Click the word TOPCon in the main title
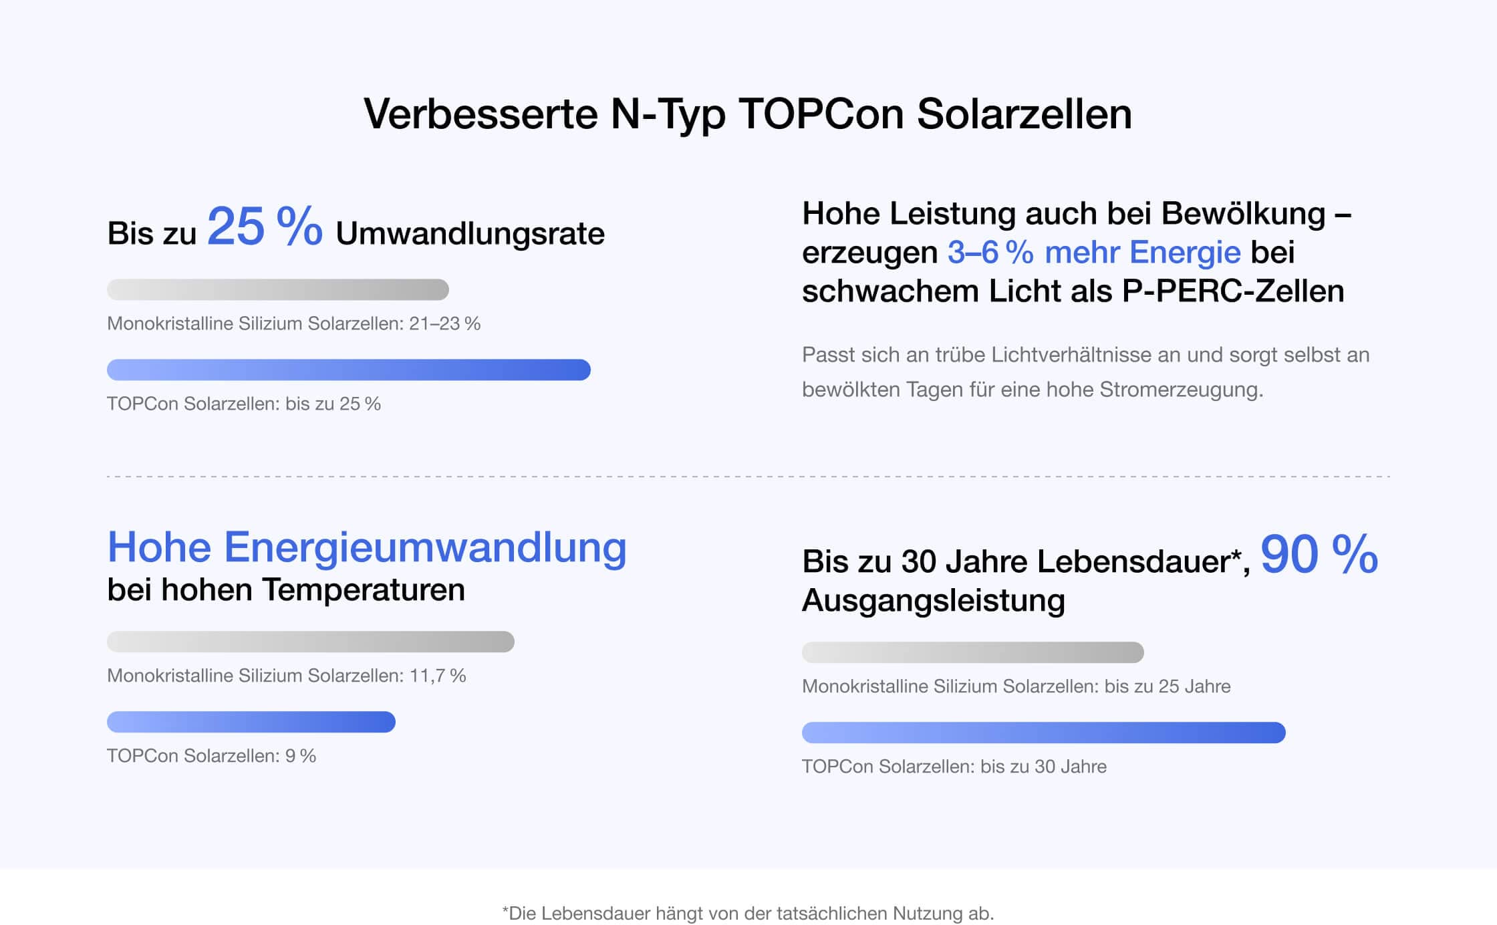pos(821,114)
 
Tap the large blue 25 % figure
pos(265,227)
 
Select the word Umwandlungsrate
pos(470,234)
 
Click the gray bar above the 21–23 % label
pos(278,289)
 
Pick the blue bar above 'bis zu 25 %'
pos(349,370)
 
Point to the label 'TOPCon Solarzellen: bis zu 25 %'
pos(244,404)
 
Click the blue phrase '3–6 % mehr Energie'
pos(1094,253)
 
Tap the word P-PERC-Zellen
pos(1233,291)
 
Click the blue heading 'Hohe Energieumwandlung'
pos(367,547)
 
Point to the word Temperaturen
pos(364,589)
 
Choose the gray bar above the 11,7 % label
pos(311,642)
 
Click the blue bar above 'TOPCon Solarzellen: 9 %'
pos(251,722)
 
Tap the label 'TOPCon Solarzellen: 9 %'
pos(211,756)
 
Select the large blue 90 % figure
pos(1319,554)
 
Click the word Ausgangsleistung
pos(933,600)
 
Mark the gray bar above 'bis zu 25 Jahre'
pos(973,652)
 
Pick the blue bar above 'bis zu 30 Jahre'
pos(1044,733)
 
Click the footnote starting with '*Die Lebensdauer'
pos(748,913)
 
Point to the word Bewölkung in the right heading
pos(1243,214)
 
